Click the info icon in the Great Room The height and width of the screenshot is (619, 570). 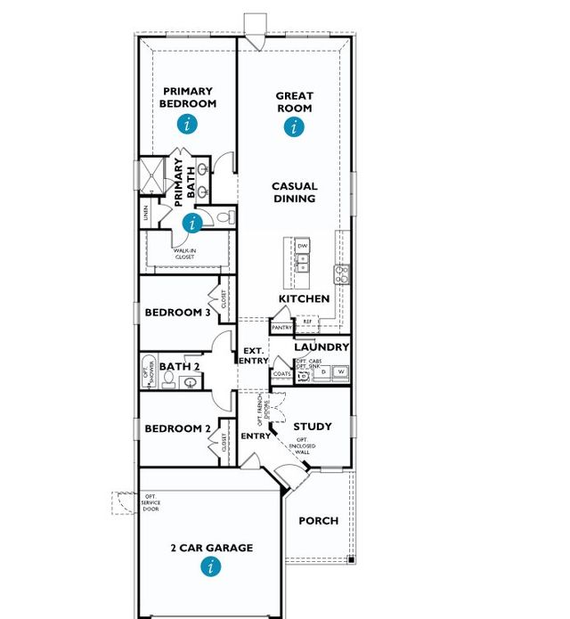(x=294, y=127)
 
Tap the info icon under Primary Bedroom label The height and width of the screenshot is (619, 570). (x=186, y=124)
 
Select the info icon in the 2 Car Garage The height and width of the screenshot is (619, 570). (x=211, y=566)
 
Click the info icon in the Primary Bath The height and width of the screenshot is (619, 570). (x=192, y=223)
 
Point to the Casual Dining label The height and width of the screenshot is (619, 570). (x=295, y=192)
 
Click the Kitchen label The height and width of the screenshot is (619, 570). (x=304, y=299)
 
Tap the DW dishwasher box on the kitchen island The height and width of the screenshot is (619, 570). (x=303, y=245)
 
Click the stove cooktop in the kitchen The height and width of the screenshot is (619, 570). (x=340, y=273)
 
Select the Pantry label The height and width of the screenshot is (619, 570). (x=282, y=328)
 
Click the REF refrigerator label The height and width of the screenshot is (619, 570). (x=320, y=322)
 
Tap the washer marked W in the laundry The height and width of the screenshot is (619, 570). (x=340, y=371)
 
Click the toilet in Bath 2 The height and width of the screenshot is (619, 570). (x=189, y=383)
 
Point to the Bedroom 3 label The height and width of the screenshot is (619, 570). (x=178, y=313)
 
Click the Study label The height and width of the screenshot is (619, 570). (x=312, y=427)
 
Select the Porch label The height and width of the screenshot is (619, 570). (x=318, y=520)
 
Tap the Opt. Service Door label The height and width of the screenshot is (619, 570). (x=151, y=505)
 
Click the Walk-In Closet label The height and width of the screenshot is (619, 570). (x=191, y=255)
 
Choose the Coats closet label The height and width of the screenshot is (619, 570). (x=282, y=374)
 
